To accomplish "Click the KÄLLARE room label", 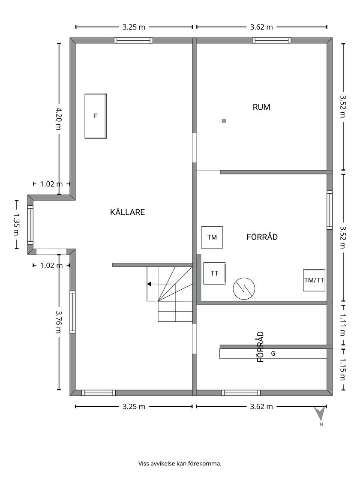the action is [127, 212].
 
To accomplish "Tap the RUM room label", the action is [261, 107].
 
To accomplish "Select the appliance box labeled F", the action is [96, 116].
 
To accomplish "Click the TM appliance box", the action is [212, 237].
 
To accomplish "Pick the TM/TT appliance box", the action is [314, 280].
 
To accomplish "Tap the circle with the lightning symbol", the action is [244, 288].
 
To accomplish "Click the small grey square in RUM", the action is [224, 121].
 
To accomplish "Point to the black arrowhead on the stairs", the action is [149, 284].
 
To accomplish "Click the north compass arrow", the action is [320, 413].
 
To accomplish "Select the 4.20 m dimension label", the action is [58, 118].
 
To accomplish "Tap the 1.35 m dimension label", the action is [16, 225].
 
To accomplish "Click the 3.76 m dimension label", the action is [58, 322].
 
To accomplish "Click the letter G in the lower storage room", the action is [273, 354].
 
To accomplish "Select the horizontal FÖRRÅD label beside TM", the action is [262, 237].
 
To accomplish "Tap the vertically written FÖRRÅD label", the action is [260, 347].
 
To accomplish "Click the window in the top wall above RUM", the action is [272, 40].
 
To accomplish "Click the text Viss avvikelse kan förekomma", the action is [180, 463].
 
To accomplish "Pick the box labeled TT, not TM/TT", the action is [215, 273].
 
